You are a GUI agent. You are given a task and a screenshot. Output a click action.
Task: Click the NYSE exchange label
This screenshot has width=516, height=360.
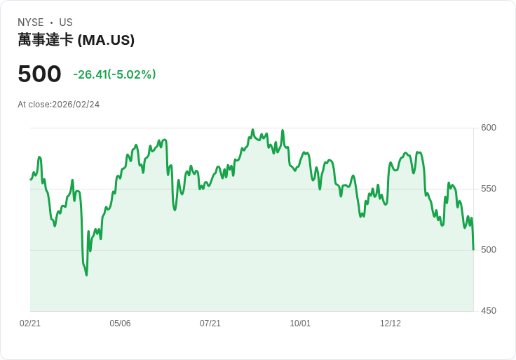pyautogui.click(x=31, y=22)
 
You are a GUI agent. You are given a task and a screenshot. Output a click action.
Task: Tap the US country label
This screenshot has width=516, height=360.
pyautogui.click(x=66, y=22)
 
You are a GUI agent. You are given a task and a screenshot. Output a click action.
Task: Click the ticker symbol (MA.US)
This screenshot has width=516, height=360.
pyautogui.click(x=106, y=40)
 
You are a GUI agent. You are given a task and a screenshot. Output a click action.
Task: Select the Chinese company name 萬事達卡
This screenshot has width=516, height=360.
pyautogui.click(x=46, y=40)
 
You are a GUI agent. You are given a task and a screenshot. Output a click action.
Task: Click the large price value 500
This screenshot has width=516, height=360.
pyautogui.click(x=39, y=74)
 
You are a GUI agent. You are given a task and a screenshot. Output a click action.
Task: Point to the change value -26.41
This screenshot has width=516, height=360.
pyautogui.click(x=90, y=74)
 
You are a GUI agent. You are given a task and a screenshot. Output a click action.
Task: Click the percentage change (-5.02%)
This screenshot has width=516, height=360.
pyautogui.click(x=132, y=74)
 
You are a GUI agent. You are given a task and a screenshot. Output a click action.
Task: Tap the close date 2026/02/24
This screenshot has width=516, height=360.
pyautogui.click(x=76, y=105)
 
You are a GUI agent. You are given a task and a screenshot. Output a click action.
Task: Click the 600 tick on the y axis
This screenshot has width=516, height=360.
pyautogui.click(x=489, y=128)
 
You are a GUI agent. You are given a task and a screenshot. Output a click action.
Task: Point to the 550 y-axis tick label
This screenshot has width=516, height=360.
pyautogui.click(x=489, y=189)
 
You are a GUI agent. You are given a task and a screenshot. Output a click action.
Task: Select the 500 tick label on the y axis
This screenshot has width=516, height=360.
pyautogui.click(x=489, y=250)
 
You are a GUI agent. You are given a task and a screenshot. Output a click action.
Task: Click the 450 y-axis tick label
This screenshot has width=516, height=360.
pyautogui.click(x=489, y=311)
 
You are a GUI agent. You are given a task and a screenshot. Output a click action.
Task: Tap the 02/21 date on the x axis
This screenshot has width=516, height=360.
pyautogui.click(x=30, y=324)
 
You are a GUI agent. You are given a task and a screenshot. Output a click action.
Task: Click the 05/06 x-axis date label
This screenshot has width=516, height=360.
pyautogui.click(x=120, y=324)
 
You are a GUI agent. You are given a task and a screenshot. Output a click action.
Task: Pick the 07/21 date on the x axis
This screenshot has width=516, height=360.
pyautogui.click(x=210, y=324)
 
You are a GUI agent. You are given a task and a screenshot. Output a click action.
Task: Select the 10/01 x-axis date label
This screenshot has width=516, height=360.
pyautogui.click(x=300, y=324)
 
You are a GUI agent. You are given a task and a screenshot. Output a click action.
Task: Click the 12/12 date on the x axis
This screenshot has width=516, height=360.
pyautogui.click(x=391, y=324)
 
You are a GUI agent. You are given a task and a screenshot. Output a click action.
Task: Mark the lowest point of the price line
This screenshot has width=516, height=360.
pyautogui.click(x=86, y=275)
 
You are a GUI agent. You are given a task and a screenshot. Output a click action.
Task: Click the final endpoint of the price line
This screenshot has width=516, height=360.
pyautogui.click(x=473, y=249)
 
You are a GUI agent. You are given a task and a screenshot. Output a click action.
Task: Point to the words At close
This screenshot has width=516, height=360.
pyautogui.click(x=34, y=105)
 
